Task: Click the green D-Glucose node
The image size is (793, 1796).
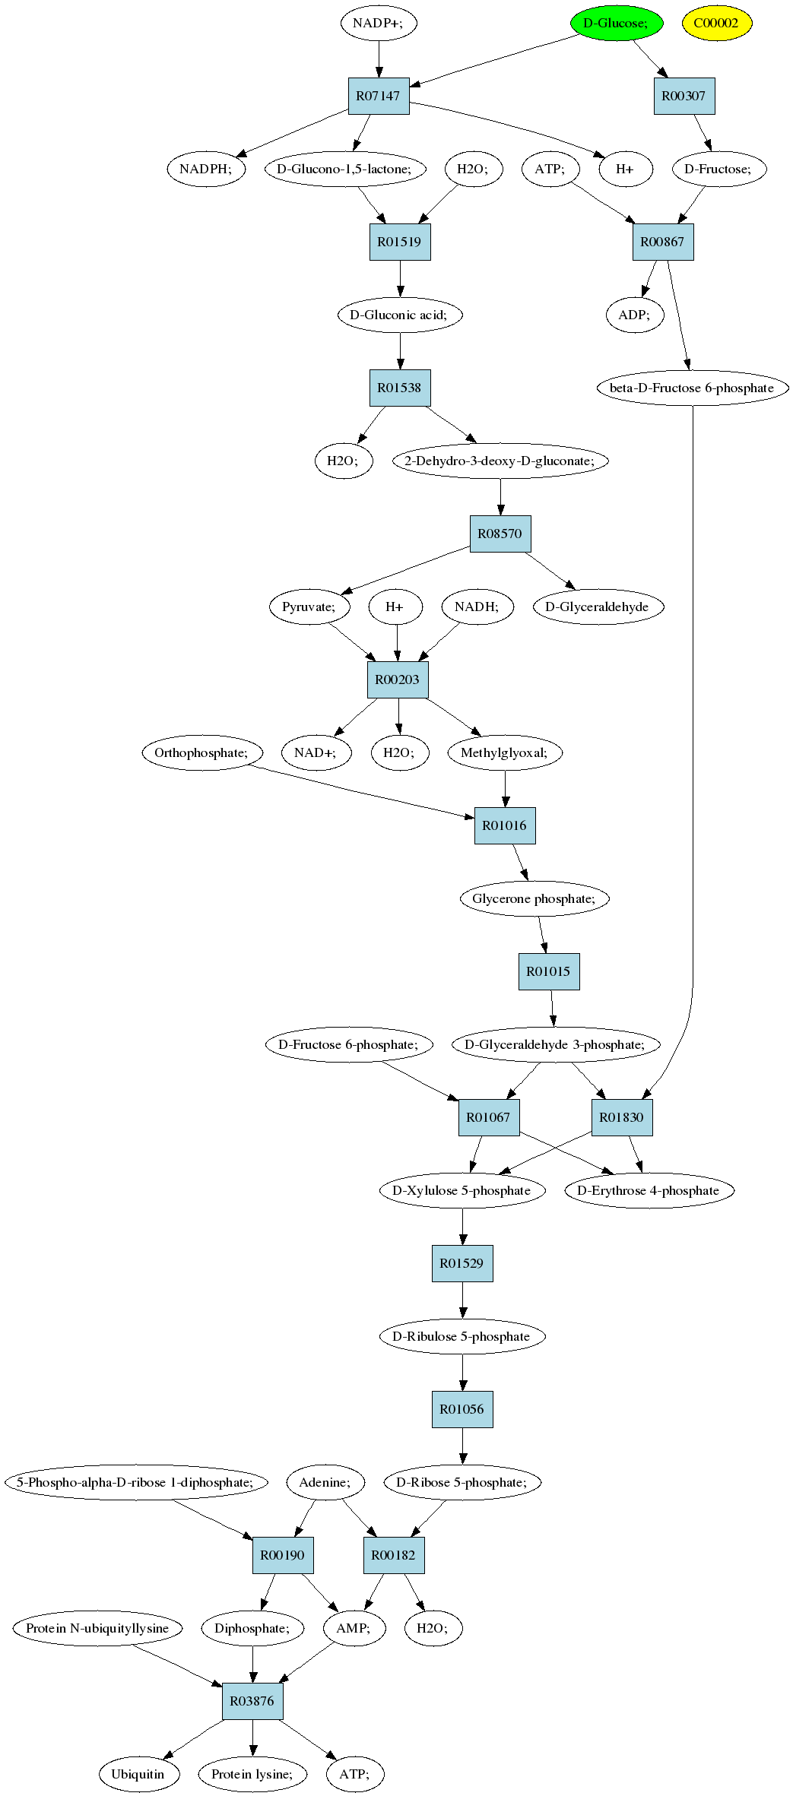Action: pyautogui.click(x=617, y=23)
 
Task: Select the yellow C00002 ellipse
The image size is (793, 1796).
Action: pyautogui.click(x=716, y=23)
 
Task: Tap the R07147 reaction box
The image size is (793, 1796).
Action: pyautogui.click(x=379, y=96)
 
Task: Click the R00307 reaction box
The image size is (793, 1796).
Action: pyautogui.click(x=684, y=96)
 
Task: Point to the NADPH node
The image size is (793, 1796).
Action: pyautogui.click(x=206, y=169)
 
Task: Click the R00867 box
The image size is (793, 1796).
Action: pyautogui.click(x=663, y=242)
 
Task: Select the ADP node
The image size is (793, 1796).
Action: pyautogui.click(x=635, y=315)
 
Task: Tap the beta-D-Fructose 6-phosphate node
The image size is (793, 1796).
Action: pyautogui.click(x=692, y=388)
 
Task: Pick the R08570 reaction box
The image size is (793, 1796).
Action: pyautogui.click(x=500, y=534)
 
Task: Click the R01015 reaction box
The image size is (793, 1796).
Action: pyautogui.click(x=549, y=971)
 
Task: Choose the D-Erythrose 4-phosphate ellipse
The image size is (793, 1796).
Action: pyautogui.click(x=649, y=1190)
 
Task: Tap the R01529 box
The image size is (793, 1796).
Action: pyautogui.click(x=462, y=1263)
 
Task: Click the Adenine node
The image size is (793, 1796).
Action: pyautogui.click(x=325, y=1482)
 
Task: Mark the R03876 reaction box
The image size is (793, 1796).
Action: pyautogui.click(x=252, y=1701)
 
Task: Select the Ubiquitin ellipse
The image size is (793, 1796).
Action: pyautogui.click(x=140, y=1774)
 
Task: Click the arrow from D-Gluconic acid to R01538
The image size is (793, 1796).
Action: pyautogui.click(x=401, y=350)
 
